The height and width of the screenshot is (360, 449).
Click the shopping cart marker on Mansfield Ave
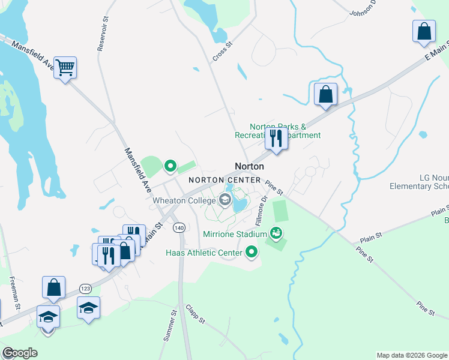pyautogui.click(x=65, y=67)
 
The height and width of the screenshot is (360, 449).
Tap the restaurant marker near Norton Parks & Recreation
pyautogui.click(x=276, y=137)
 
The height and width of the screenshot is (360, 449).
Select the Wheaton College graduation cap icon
pyautogui.click(x=226, y=200)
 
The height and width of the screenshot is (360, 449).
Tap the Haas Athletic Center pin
pyautogui.click(x=252, y=252)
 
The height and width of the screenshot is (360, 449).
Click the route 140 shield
pyautogui.click(x=179, y=228)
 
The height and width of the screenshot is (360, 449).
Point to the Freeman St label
pyautogui.click(x=14, y=293)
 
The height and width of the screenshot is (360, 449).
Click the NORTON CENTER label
pyautogui.click(x=224, y=180)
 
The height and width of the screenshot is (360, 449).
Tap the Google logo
pyautogui.click(x=19, y=353)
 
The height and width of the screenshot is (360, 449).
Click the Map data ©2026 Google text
pyautogui.click(x=411, y=355)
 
